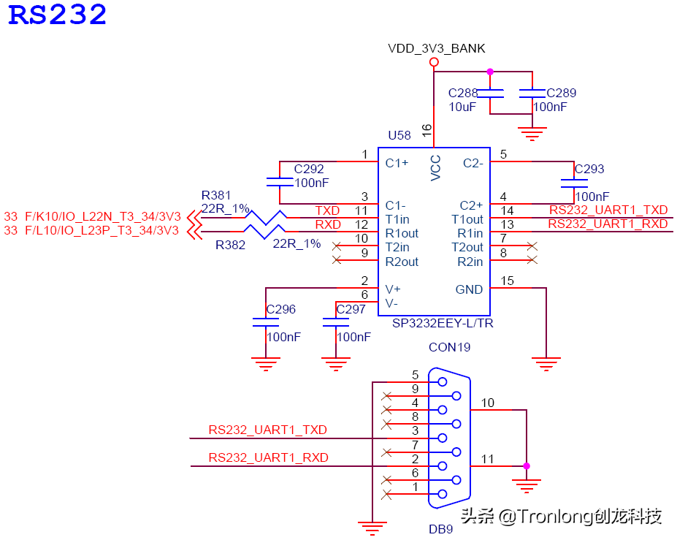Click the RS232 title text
coord(58,15)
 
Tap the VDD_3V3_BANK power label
coord(436,49)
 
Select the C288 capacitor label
coord(463,93)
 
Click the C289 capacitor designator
coord(561,93)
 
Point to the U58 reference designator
coord(399,136)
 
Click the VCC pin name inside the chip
coord(435,167)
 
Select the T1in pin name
coord(397,219)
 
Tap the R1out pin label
coord(402,233)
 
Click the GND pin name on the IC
coord(469,289)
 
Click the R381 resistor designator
coord(216,195)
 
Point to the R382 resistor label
coord(230,246)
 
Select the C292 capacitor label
coord(309,169)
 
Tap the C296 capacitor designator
coord(281,309)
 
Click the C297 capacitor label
coord(351,309)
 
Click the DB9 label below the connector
coord(440,528)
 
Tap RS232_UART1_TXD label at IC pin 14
coord(608,210)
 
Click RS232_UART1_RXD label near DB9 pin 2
coord(268,457)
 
